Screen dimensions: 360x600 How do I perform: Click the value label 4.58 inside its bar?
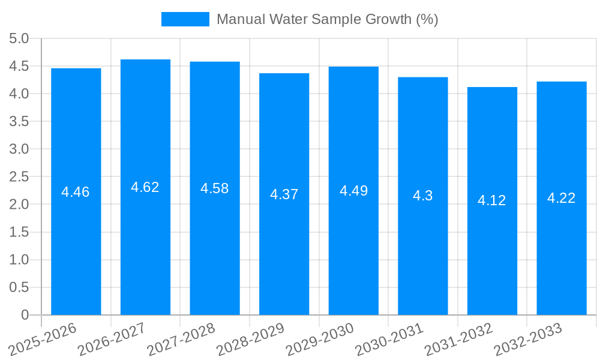[x=215, y=188]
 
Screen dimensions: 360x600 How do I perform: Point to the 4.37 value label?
[x=284, y=194]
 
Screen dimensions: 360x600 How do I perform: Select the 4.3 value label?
[x=422, y=196]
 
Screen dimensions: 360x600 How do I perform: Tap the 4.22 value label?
[x=562, y=198]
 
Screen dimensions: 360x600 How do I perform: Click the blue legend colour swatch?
[x=185, y=19]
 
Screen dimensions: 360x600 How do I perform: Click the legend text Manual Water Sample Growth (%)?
[x=327, y=19]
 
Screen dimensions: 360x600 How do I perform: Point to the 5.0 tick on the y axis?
[x=19, y=38]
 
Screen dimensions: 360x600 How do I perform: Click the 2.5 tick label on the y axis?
[x=19, y=176]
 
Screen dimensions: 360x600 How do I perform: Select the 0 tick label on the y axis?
[x=25, y=315]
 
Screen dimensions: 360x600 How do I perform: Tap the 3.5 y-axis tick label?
[x=19, y=121]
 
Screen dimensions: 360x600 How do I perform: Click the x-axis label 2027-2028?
[x=181, y=339]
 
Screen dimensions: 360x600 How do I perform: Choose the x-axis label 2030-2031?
[x=389, y=339]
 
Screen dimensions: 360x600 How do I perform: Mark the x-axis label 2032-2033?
[x=527, y=339]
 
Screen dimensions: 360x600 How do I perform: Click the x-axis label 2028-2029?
[x=250, y=339]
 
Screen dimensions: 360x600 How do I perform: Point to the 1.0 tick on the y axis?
[x=19, y=260]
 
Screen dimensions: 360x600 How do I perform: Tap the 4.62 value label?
[x=145, y=187]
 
